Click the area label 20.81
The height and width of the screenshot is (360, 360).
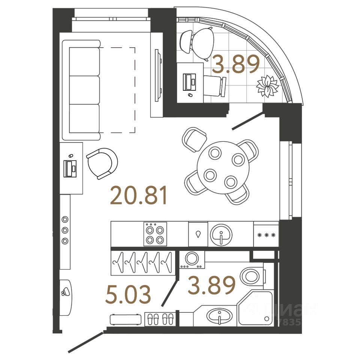pos(138,196)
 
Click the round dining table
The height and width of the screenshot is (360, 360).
pos(223,167)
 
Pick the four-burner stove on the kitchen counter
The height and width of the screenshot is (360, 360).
pos(155,234)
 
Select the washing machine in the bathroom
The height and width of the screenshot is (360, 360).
pos(192,259)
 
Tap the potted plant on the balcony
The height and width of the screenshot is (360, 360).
pos(267,86)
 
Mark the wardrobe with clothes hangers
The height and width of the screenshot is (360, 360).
pos(142,262)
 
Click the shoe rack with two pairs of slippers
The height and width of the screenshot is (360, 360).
pos(160,319)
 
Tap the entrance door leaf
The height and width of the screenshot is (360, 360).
pos(85,342)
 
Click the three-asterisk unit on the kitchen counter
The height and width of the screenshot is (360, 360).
pos(266,235)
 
